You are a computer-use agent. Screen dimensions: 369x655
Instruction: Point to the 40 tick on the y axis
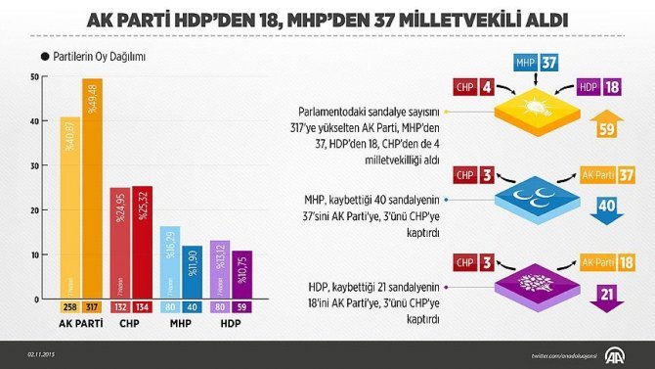pyautogui.click(x=36, y=121)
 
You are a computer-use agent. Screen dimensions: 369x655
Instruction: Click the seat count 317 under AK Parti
pyautogui.click(x=93, y=306)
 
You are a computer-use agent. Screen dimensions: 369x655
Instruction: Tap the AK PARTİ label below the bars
pyautogui.click(x=81, y=323)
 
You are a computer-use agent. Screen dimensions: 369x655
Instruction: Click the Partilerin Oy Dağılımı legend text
pyautogui.click(x=98, y=57)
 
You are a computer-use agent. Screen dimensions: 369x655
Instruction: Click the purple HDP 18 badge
pyautogui.click(x=599, y=89)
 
